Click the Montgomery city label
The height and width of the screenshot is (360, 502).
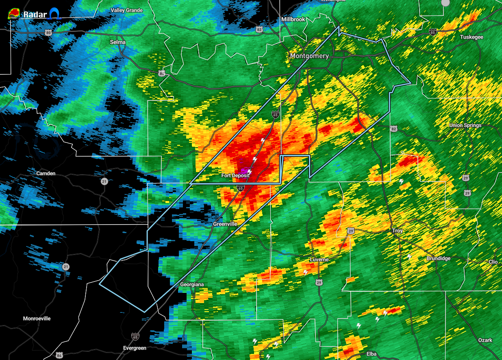pos(309,56)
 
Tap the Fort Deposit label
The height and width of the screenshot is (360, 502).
pos(235,175)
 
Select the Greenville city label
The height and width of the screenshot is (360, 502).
pos(225,224)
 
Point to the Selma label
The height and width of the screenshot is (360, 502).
pos(118,42)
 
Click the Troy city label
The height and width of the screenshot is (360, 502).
pos(397,231)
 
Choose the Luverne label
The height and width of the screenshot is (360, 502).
pos(319,260)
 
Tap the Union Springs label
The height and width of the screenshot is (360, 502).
pos(465,125)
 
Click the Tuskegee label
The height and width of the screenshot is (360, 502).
pos(472,37)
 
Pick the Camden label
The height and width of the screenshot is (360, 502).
pos(46,173)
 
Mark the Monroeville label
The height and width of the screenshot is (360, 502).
pos(37,319)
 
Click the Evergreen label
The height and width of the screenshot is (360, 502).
pos(135,348)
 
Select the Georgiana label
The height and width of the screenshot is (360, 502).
pos(192,284)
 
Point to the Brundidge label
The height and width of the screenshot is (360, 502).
pos(439,259)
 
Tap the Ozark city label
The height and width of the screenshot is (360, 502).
pos(485,340)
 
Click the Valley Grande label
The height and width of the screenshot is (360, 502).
pos(126,10)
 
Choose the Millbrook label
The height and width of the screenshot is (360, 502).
pos(293,20)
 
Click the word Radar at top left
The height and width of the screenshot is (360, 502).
pos(33,15)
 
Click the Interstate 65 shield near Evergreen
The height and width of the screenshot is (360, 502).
pos(135,336)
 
